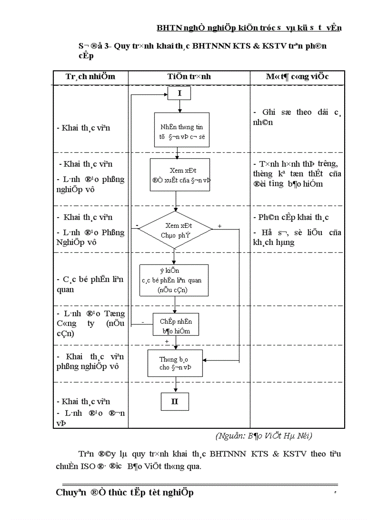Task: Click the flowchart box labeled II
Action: click(x=175, y=401)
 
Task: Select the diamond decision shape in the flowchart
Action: click(x=176, y=230)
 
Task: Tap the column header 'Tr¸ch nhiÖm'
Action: click(x=90, y=76)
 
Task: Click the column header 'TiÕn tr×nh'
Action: click(x=189, y=76)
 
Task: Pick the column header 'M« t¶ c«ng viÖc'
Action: click(x=297, y=76)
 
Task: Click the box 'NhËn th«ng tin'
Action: click(x=182, y=130)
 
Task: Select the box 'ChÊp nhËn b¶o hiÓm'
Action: click(x=176, y=326)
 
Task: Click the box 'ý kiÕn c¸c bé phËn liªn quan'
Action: click(x=174, y=280)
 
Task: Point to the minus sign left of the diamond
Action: click(x=138, y=226)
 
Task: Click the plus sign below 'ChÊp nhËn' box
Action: click(x=167, y=341)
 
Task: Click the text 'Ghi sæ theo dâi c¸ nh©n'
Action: click(x=297, y=117)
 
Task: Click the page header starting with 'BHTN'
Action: click(x=249, y=28)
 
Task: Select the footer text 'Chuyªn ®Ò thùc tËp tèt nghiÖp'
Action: click(x=125, y=493)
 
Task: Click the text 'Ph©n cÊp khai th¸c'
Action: click(x=291, y=218)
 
